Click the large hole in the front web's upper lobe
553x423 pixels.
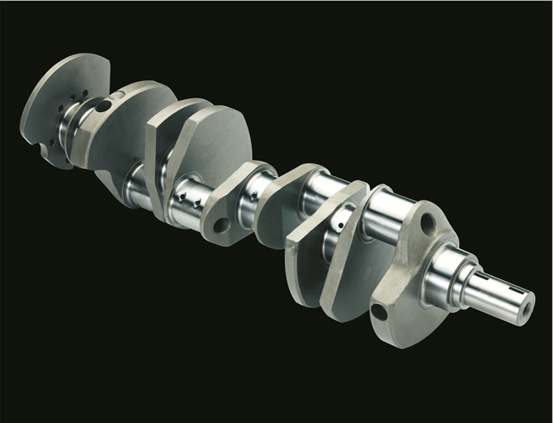coord(426,220)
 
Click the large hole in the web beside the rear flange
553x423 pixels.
coord(103,106)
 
